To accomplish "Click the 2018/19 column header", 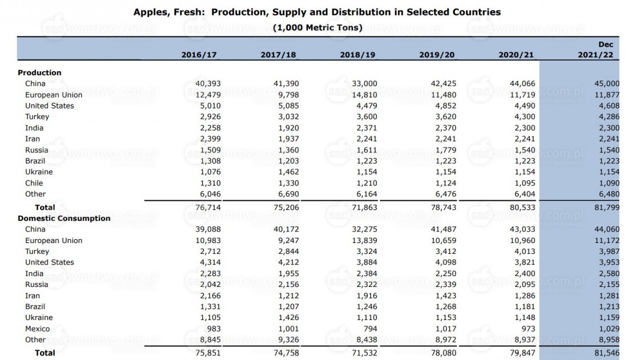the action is click(x=357, y=55).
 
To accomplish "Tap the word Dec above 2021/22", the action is click(x=606, y=45).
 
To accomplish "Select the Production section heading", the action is click(x=39, y=72).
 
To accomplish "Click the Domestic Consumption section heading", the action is click(x=64, y=219).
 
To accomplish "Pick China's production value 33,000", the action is click(x=364, y=83).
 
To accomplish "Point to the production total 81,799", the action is click(x=607, y=208).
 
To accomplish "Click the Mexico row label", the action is click(x=38, y=329).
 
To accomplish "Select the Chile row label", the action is click(x=34, y=183).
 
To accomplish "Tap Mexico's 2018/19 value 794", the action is click(x=370, y=329).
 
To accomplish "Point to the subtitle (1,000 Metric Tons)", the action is click(x=317, y=27).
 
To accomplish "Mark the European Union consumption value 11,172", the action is click(x=607, y=240).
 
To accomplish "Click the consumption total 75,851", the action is click(x=208, y=353).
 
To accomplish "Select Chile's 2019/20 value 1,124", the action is click(x=446, y=183).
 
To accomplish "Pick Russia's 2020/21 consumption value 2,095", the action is click(x=525, y=284).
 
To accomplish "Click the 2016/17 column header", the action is click(x=199, y=55).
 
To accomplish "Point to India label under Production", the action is click(x=34, y=128).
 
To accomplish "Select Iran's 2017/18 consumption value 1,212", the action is click(x=288, y=296).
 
